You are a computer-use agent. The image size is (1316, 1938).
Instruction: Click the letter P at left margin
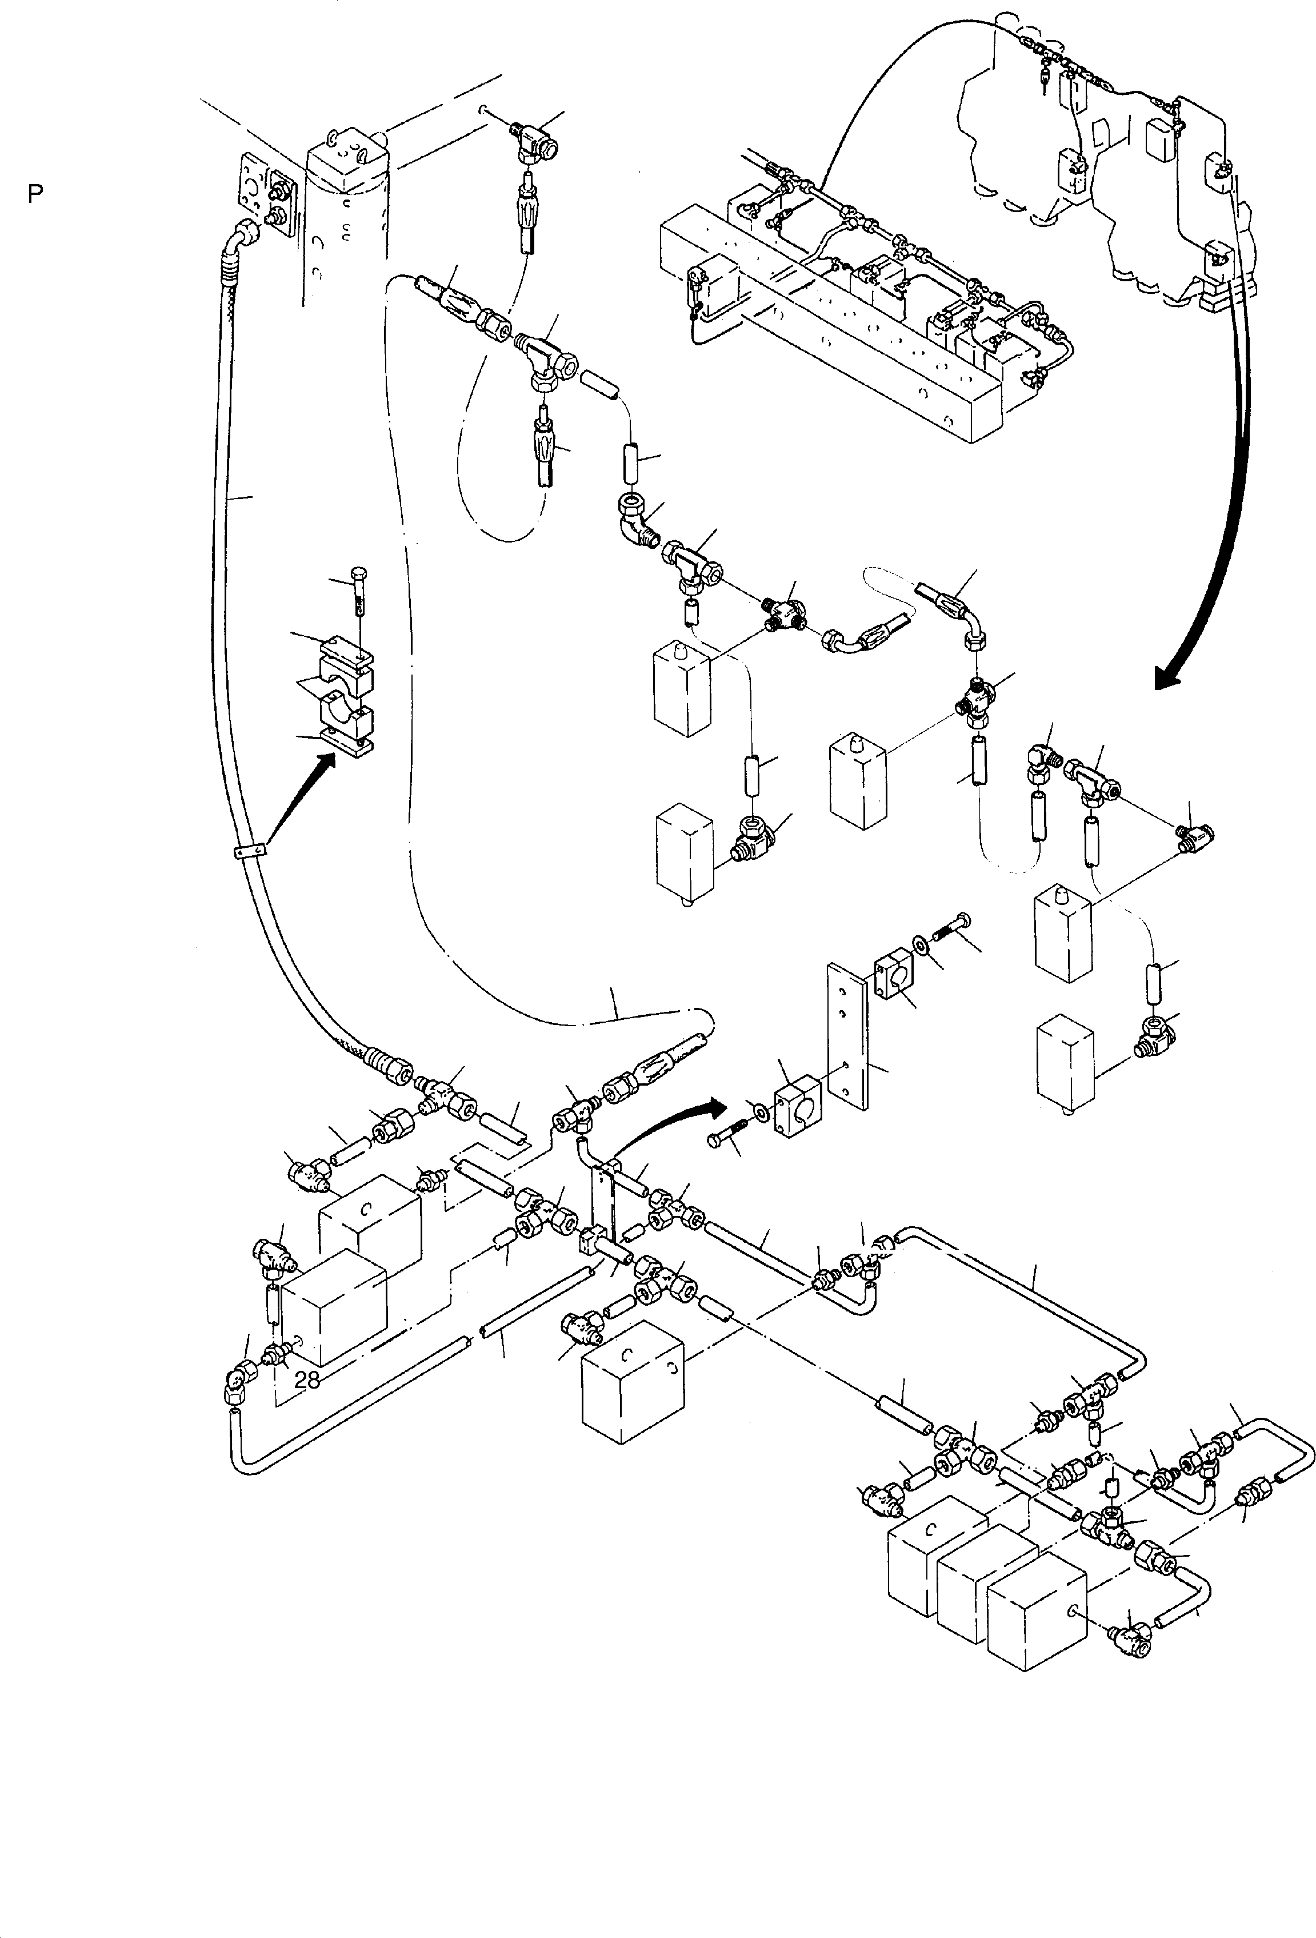35,194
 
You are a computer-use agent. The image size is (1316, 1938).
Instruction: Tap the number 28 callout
307,1380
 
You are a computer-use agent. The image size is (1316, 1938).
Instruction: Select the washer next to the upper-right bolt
922,945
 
